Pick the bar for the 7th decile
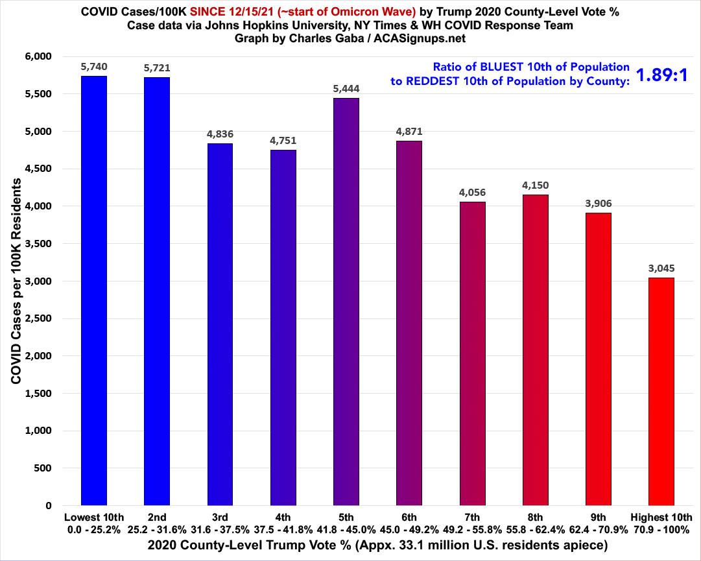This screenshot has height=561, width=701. (x=472, y=353)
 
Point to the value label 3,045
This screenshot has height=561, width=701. (x=661, y=268)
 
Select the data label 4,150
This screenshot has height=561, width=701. (x=535, y=185)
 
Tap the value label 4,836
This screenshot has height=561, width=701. (x=220, y=134)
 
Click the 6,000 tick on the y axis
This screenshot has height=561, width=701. (x=38, y=56)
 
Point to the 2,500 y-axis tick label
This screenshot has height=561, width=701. (x=38, y=318)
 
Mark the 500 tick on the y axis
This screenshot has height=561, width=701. (x=43, y=468)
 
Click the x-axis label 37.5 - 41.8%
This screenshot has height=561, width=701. (x=283, y=529)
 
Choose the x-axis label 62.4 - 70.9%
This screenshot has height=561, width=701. (x=598, y=529)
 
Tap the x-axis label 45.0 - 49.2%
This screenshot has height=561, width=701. (x=409, y=529)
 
